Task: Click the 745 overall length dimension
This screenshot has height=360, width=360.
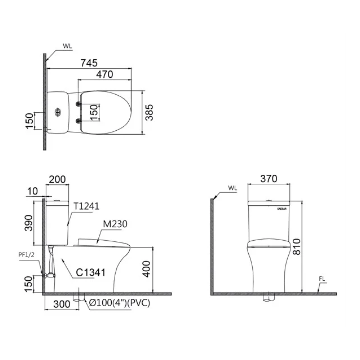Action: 89,63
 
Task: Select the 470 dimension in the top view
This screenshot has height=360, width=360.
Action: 105,74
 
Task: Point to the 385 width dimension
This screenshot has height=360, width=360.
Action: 150,112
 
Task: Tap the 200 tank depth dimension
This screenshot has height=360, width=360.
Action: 57,179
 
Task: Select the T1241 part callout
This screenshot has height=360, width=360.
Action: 86,206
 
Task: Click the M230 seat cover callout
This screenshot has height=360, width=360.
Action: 115,224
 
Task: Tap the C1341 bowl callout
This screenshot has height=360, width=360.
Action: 90,272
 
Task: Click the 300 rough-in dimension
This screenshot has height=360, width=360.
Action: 62,304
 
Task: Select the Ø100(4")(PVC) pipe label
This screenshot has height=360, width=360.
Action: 120,303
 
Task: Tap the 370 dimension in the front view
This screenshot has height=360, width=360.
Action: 268,179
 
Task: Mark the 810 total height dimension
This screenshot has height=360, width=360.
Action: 296,246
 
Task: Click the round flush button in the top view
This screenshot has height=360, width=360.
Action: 58,112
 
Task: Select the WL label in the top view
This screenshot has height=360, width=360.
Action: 67,46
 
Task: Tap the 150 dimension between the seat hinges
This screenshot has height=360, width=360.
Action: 94,112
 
